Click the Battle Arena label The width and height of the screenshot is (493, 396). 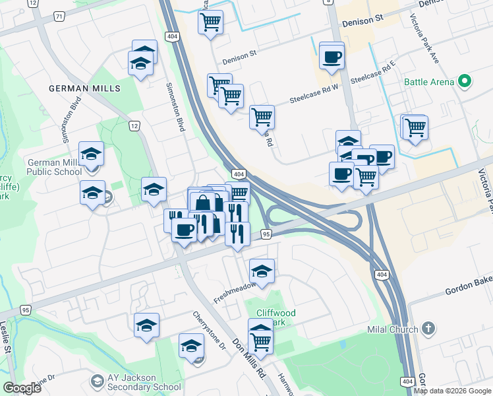(429, 82)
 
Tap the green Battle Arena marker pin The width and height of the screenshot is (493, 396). (464, 82)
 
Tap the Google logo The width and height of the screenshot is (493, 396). (22, 388)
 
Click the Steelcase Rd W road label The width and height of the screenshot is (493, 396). (319, 94)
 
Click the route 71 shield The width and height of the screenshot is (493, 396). (42, 16)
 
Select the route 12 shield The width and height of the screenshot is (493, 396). (134, 126)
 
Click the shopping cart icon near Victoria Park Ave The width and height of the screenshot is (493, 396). (415, 127)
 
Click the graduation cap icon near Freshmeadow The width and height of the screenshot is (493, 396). (262, 271)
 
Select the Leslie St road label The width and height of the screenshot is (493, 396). (6, 337)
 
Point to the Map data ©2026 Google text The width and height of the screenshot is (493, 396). (453, 391)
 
